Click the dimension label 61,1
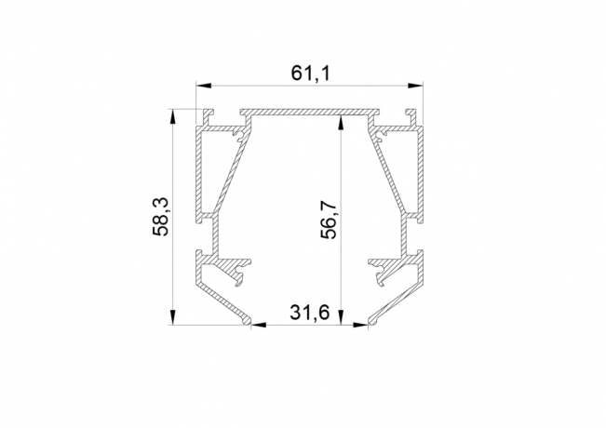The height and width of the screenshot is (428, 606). (311, 74)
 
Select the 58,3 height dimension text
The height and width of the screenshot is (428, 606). (160, 216)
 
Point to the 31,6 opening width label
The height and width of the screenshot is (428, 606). (310, 313)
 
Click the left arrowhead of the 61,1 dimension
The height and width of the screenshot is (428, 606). (204, 86)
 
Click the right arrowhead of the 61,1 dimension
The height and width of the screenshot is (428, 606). (415, 86)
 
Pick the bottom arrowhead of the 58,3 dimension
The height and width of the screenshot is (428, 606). (173, 316)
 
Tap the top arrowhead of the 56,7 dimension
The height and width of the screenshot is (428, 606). (341, 124)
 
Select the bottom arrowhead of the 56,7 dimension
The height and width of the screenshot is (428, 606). (341, 316)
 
